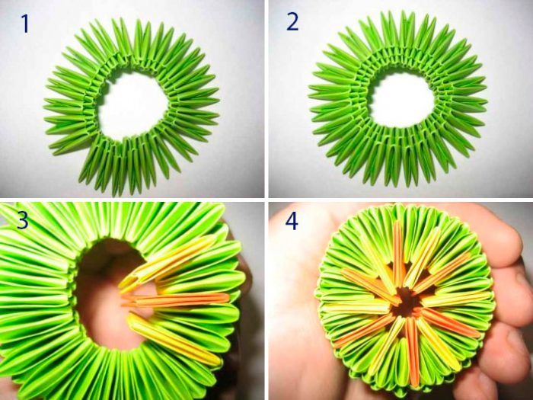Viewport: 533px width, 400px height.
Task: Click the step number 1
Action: [x=25, y=24]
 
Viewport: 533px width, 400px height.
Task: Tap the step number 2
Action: [x=292, y=22]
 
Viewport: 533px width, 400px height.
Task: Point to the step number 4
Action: [x=292, y=221]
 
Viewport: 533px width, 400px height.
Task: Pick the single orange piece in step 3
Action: [x=176, y=299]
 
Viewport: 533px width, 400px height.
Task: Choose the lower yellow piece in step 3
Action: [x=174, y=340]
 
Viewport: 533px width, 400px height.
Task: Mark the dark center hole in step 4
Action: [x=406, y=301]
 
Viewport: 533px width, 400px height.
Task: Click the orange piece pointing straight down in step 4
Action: [x=413, y=351]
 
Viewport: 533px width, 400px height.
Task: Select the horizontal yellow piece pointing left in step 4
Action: [x=357, y=308]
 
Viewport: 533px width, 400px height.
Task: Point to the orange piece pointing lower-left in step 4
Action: [x=365, y=331]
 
